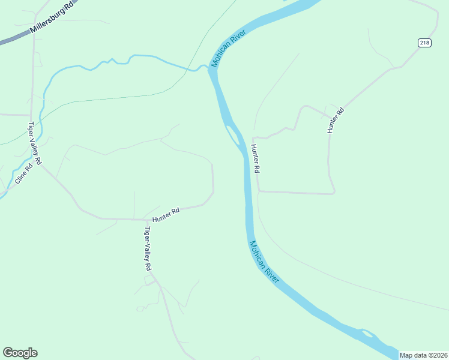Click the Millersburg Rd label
tap(52, 19)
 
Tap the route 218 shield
tap(425, 42)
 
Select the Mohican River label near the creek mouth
tap(226, 50)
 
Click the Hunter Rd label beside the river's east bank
tap(255, 159)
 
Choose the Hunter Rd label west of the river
tap(166, 215)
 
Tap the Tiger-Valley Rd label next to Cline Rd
tap(35, 143)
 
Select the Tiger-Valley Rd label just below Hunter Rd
tap(147, 248)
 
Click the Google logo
tap(20, 353)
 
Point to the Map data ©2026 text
tap(424, 355)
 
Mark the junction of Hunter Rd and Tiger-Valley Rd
tap(142, 220)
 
